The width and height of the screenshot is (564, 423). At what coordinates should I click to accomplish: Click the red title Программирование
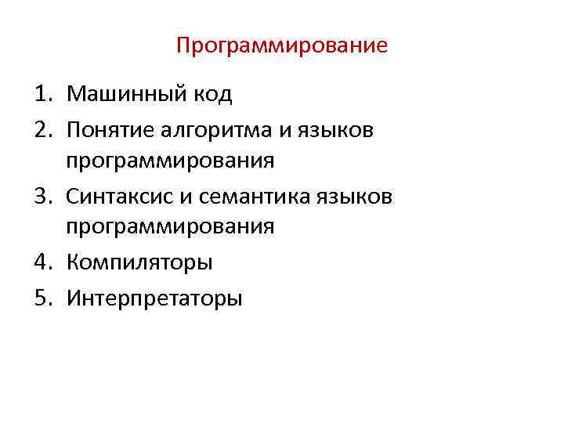(282, 45)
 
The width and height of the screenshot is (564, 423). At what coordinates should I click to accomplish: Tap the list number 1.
(41, 96)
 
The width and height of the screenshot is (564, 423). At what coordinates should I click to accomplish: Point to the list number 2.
(41, 129)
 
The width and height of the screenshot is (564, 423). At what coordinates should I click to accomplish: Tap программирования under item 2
(170, 162)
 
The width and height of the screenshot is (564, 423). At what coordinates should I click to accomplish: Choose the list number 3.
(41, 195)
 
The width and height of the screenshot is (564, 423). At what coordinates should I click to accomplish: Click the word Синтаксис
(117, 195)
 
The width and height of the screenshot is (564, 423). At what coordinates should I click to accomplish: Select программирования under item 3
(170, 228)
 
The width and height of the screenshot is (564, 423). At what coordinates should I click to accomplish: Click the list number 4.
(41, 262)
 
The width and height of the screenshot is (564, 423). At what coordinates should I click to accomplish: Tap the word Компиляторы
(139, 262)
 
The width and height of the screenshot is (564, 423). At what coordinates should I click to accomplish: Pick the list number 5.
(41, 298)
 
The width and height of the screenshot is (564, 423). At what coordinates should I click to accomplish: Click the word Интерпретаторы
(154, 298)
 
